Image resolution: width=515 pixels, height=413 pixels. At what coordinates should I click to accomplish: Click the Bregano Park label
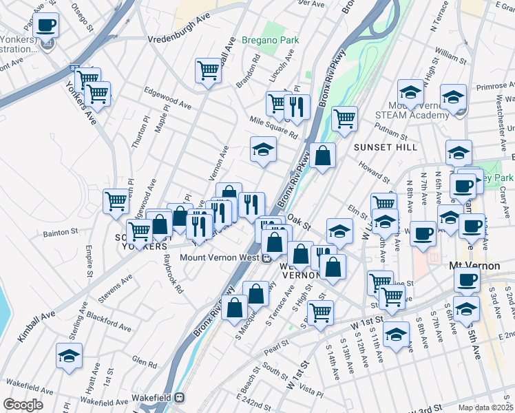click(x=270, y=40)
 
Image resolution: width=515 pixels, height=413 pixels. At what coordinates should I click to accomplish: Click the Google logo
click(x=23, y=405)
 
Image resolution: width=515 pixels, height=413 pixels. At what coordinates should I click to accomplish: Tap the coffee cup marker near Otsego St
click(x=45, y=25)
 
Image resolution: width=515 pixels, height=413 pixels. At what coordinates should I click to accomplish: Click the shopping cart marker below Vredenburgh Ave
click(x=207, y=70)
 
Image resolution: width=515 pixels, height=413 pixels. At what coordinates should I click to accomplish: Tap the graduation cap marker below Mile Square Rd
click(x=262, y=150)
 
